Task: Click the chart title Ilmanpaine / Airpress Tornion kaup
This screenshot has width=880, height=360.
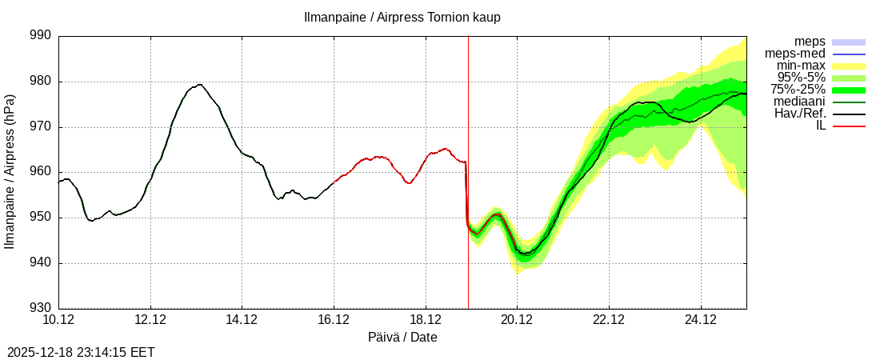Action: [x=402, y=18]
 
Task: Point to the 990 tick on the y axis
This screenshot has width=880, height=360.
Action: [x=40, y=36]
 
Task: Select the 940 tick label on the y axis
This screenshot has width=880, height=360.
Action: [x=40, y=263]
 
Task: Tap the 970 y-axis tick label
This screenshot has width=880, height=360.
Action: [x=40, y=127]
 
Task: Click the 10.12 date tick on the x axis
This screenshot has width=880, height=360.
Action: [x=58, y=320]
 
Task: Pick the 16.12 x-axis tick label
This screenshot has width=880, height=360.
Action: [x=334, y=320]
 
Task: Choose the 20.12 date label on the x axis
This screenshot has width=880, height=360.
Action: [x=517, y=320]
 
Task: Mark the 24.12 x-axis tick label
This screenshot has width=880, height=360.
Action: [x=701, y=320]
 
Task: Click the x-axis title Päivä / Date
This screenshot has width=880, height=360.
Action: [x=402, y=338]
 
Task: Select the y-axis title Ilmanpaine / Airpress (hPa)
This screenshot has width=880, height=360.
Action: [x=10, y=172]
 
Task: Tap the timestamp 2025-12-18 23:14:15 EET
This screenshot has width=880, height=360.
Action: [x=81, y=352]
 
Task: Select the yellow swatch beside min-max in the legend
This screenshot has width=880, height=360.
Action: [x=849, y=66]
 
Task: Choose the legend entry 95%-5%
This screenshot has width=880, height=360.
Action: [x=803, y=78]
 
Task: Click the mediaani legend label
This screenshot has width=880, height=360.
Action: [x=799, y=102]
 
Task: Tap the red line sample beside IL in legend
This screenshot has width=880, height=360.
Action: [x=849, y=126]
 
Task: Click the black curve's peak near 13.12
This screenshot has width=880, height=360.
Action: [x=199, y=84]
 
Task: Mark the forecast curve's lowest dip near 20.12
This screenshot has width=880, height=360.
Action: [x=524, y=254]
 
